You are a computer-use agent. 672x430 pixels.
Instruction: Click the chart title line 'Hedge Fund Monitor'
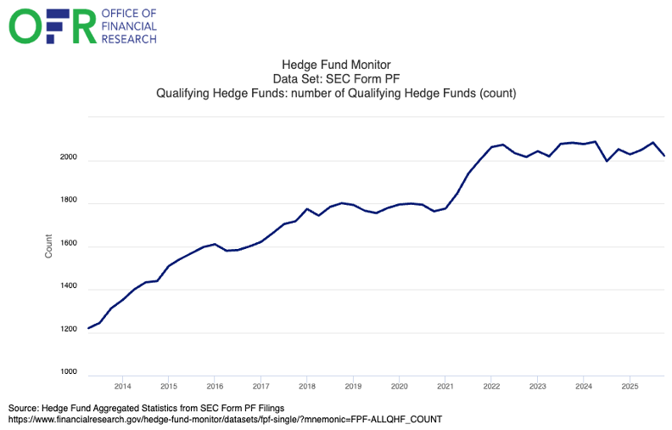(335, 65)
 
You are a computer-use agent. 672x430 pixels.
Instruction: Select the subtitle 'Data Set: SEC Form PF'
(335, 78)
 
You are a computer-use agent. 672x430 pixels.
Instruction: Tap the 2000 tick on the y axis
(70, 158)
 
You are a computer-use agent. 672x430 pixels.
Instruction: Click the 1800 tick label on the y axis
(70, 201)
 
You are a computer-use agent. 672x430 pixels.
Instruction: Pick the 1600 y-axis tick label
(70, 245)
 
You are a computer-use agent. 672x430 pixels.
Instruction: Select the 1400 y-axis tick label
(70, 287)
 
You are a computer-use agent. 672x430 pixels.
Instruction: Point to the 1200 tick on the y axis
(70, 331)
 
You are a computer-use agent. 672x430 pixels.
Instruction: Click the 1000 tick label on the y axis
(70, 373)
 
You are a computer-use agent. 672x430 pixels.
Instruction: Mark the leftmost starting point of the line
(88, 328)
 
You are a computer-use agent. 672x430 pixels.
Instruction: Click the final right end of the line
(664, 156)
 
